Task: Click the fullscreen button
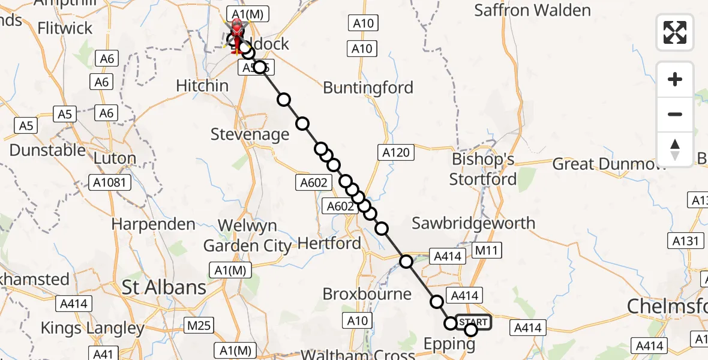[x=675, y=32]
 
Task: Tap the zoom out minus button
[x=675, y=114]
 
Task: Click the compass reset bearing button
[x=675, y=149]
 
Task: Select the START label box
[x=473, y=322]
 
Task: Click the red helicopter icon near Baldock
[x=237, y=35]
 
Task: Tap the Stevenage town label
[x=250, y=134]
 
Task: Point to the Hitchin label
[x=202, y=86]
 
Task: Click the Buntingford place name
[x=368, y=88]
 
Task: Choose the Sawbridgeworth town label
[x=473, y=223]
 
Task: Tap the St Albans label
[x=164, y=287]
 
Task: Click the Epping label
[x=449, y=344]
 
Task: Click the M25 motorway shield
[x=198, y=326]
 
